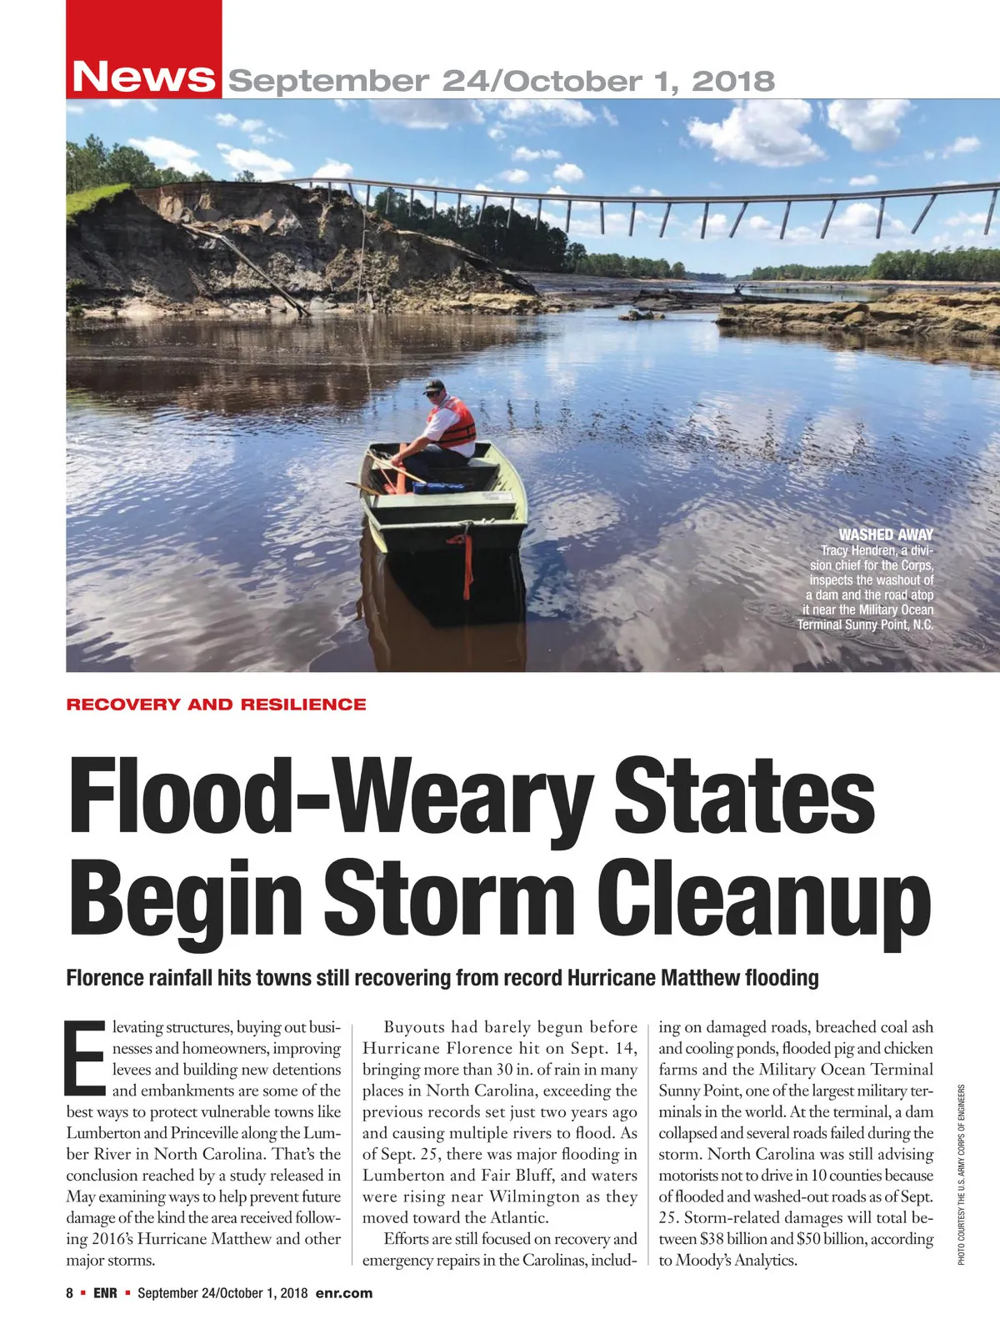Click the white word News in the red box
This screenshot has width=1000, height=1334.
[143, 78]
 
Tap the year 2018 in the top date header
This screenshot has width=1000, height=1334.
[733, 82]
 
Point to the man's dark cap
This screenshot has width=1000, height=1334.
[433, 385]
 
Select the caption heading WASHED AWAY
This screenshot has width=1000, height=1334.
[886, 534]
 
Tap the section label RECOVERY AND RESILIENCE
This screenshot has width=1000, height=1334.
[216, 705]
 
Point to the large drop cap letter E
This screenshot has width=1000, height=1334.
[86, 1056]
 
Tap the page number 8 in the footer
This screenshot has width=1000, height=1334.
[70, 1293]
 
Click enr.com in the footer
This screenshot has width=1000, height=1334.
[344, 1293]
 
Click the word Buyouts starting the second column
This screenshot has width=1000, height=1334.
[414, 1027]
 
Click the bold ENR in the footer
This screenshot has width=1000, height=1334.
[105, 1293]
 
